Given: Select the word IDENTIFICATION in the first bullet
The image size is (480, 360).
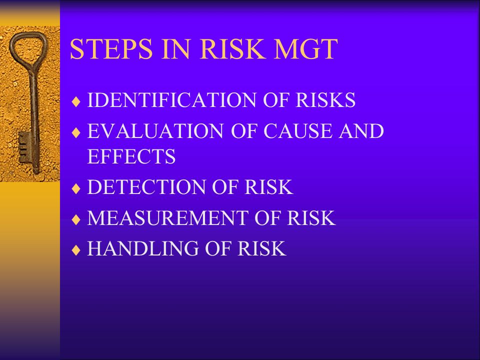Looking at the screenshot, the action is tap(171, 100).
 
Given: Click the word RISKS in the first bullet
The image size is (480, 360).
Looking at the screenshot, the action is tap(325, 100).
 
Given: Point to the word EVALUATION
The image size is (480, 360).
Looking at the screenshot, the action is tap(155, 130).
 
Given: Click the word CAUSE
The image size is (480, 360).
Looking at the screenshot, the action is tap(297, 130).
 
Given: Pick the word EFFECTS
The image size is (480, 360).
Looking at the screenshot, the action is tap(131, 156).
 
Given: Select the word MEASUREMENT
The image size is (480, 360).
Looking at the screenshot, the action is tap(168, 217).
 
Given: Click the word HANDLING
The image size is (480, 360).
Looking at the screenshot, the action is tap(142, 248).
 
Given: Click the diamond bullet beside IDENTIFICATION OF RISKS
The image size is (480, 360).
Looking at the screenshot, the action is tap(76, 101).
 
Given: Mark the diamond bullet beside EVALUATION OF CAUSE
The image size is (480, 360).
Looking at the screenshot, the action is tap(76, 132).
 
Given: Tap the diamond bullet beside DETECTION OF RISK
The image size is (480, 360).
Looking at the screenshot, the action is tap(76, 188).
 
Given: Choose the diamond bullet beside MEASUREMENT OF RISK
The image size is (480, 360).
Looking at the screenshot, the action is tap(76, 219).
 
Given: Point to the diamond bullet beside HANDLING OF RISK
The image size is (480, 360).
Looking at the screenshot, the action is tap(76, 249).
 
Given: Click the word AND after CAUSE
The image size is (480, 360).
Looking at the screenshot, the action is tap(361, 130).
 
